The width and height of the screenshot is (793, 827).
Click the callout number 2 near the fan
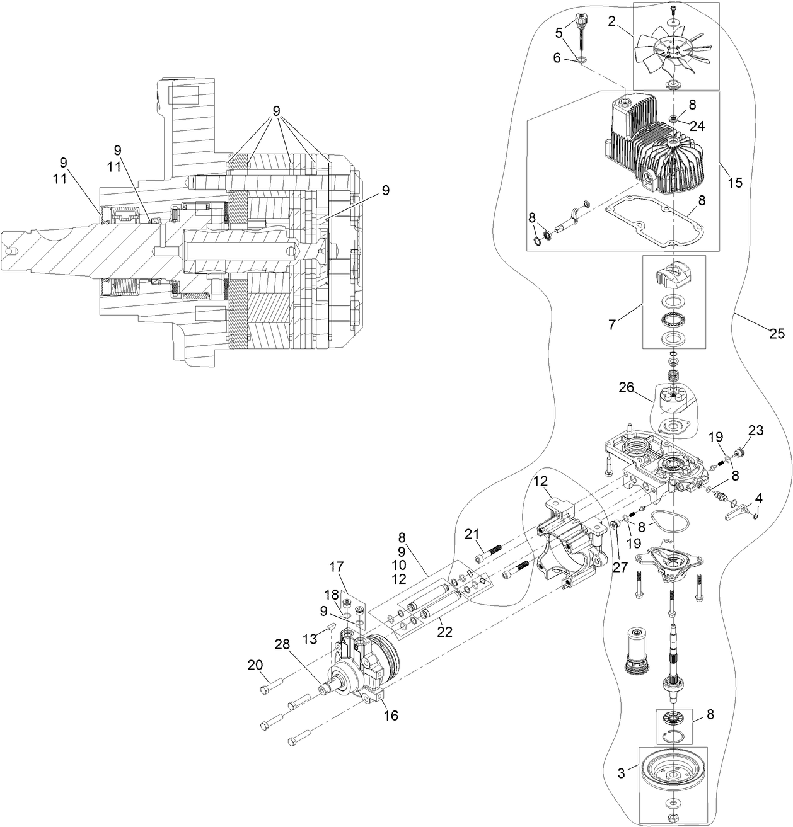point(612,21)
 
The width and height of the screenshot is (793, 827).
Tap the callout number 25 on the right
point(777,333)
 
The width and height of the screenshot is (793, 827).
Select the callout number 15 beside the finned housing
point(734,183)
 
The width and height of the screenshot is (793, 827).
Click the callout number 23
point(756,431)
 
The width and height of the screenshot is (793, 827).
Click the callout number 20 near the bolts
point(255,665)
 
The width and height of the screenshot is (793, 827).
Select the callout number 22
point(445,632)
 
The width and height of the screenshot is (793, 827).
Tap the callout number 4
point(758,498)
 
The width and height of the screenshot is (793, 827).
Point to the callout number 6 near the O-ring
point(557,57)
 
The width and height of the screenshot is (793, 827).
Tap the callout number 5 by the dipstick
point(559,31)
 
